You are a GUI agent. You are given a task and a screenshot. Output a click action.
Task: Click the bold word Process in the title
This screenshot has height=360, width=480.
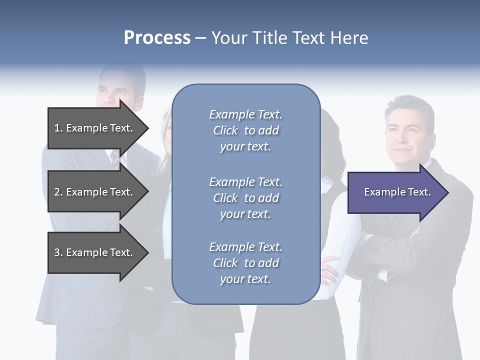(157, 38)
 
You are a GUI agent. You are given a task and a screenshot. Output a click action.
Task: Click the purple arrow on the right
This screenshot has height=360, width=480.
(395, 192)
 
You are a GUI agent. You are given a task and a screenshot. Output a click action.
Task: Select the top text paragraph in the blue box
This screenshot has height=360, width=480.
(245, 130)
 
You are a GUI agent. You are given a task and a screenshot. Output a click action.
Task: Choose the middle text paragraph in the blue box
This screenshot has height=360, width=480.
(245, 198)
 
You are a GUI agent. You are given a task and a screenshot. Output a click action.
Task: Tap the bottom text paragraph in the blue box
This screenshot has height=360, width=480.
(245, 263)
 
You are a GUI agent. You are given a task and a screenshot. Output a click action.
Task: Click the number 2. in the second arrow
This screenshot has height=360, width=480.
(58, 192)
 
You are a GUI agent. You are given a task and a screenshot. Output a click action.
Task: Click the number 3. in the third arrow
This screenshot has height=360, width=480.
(58, 252)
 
